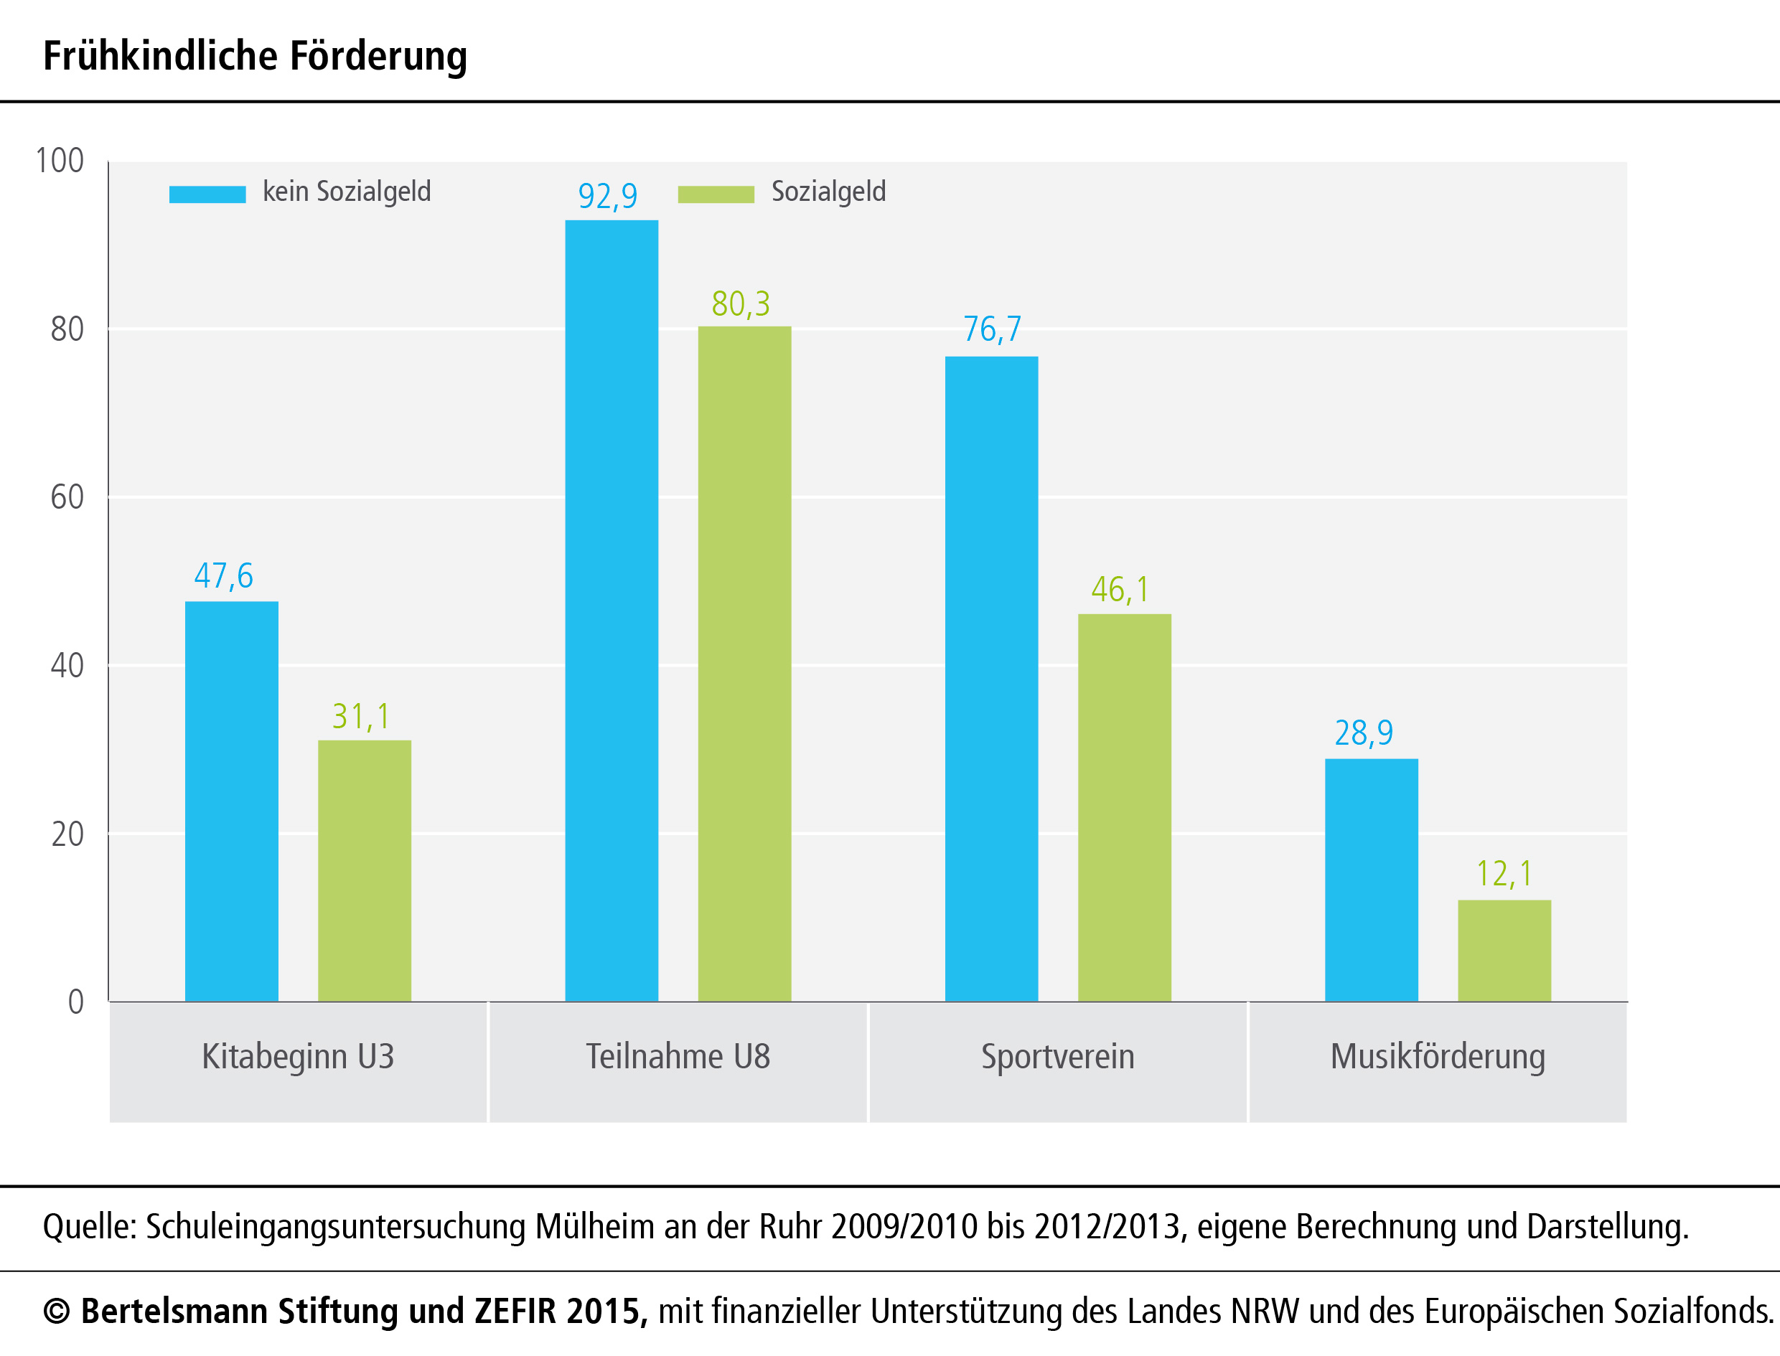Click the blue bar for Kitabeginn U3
[232, 801]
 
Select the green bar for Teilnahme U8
[744, 664]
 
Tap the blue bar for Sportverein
[991, 678]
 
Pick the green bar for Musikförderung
[1504, 950]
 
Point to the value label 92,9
[608, 196]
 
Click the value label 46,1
[1120, 590]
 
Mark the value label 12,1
[1504, 874]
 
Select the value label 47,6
[224, 576]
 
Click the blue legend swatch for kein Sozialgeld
[207, 194]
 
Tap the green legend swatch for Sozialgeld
[716, 194]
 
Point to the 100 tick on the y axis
[60, 161]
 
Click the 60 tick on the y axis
[67, 497]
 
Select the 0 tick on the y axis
[76, 1002]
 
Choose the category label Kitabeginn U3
[298, 1057]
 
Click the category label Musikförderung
[1438, 1057]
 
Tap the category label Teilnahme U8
[678, 1057]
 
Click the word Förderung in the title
[378, 57]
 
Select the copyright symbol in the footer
[56, 1312]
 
